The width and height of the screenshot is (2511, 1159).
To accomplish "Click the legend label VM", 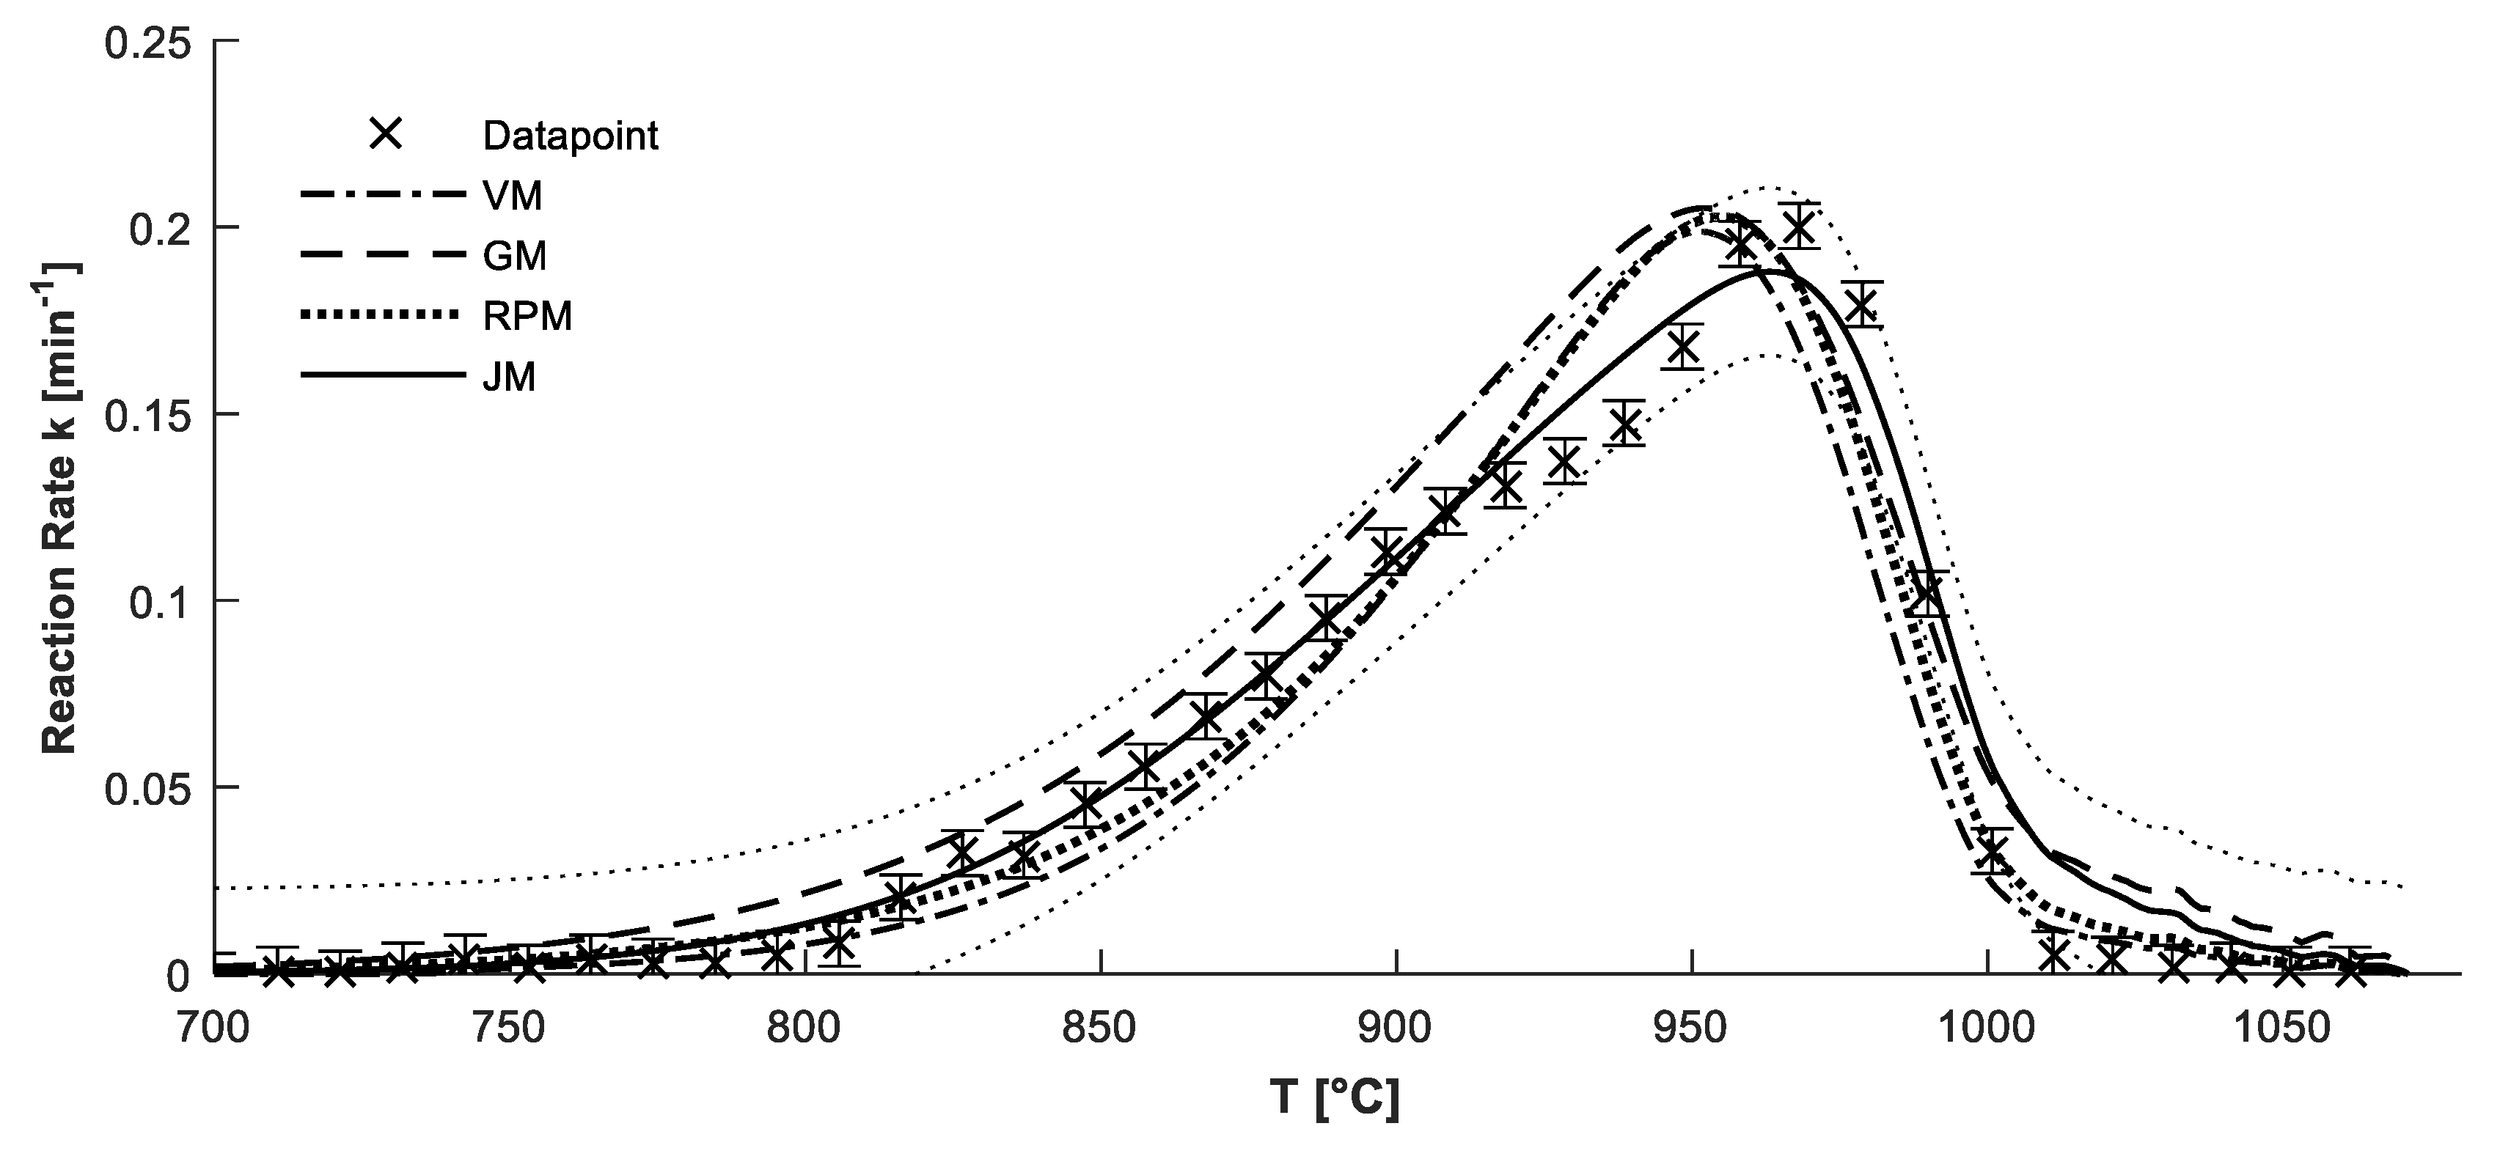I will pos(513,197).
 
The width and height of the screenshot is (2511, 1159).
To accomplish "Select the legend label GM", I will pos(515,257).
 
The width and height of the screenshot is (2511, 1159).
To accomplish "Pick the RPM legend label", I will pos(527,316).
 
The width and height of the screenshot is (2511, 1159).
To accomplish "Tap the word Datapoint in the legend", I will pos(571,136).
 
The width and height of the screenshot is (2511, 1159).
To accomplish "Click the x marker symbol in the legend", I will pos(386,133).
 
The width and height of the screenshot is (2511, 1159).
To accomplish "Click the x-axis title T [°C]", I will pos(1335,1099).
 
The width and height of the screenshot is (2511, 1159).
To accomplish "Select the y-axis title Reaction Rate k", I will pos(60,507).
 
